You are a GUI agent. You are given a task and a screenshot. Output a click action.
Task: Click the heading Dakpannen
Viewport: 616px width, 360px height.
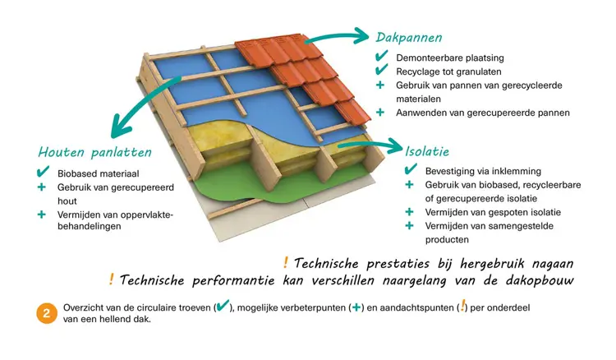pos(409,38)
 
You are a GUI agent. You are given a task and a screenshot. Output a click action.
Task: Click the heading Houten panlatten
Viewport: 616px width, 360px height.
pos(94,152)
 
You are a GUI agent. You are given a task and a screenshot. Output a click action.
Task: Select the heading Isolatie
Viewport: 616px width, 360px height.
pos(427,151)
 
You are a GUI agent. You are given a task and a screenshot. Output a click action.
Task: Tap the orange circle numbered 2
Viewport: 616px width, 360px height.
pos(46,313)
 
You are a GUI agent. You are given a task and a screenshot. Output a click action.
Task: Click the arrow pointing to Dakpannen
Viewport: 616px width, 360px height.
pos(337,36)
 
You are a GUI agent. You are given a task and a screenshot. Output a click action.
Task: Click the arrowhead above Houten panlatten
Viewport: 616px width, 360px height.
pos(121,127)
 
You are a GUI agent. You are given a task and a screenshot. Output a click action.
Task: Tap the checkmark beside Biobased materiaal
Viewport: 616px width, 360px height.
pos(43,172)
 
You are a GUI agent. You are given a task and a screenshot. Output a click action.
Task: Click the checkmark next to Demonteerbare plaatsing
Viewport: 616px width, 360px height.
pos(381,56)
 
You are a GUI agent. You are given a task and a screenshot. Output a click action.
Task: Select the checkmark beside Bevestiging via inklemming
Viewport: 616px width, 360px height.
pos(411,169)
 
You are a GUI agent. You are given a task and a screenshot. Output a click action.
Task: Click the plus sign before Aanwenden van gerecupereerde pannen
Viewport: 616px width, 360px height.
pos(380,113)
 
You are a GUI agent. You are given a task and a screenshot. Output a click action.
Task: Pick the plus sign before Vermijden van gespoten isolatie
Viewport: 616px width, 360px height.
pos(409,212)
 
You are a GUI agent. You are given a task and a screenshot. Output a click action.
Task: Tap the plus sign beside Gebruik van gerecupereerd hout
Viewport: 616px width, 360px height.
pos(42,187)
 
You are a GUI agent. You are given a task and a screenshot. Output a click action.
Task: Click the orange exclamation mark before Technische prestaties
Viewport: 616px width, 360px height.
pos(286,262)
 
